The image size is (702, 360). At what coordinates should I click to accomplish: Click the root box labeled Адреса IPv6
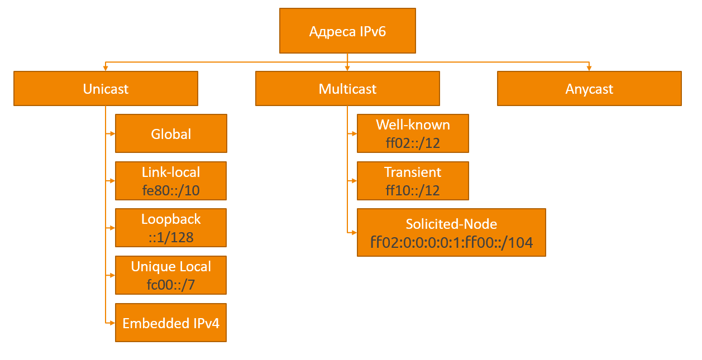point(347,31)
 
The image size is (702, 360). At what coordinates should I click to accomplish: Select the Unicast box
point(106,89)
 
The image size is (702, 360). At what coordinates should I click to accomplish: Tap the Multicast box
point(347,89)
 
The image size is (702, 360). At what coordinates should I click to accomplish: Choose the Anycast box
point(589,89)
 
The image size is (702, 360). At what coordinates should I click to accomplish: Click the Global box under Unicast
point(171,134)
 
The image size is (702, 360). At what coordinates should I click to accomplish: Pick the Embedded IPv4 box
point(171,323)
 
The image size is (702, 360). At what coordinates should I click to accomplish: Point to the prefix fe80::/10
point(171,190)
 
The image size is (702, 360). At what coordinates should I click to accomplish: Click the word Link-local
point(171,172)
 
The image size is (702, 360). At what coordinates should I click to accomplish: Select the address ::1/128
point(171,237)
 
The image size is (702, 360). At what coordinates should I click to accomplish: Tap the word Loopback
point(171,219)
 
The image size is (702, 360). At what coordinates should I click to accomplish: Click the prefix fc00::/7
point(171,285)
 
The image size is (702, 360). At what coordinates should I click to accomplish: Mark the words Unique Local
point(171,266)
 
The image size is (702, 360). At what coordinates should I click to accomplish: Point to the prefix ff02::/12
point(413,143)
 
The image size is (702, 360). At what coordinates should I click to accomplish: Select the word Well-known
point(413,124)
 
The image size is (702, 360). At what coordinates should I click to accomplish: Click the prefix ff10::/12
point(413,190)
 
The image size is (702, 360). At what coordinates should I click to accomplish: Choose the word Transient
point(413,172)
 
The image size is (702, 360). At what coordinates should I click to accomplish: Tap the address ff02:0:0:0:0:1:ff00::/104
point(451,242)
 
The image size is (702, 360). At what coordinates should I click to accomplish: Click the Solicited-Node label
point(451,224)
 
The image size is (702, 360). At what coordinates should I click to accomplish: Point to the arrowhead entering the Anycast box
point(589,68)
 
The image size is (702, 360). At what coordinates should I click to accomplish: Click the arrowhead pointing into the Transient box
point(354,181)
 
